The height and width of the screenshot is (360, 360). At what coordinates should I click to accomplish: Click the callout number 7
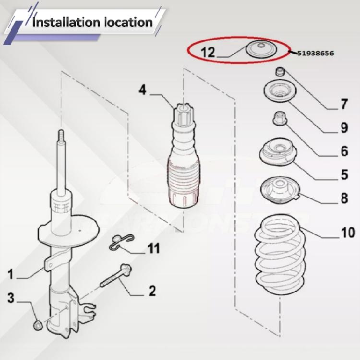344,104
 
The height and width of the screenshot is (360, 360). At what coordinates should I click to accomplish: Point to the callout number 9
344,128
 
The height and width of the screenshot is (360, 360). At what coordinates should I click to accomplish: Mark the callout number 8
344,198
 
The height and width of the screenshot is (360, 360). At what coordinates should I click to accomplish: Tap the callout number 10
348,234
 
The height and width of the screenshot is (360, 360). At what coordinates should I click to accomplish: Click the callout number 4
142,89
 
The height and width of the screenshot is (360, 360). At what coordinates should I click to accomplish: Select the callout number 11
153,249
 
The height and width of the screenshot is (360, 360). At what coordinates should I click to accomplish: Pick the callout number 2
152,290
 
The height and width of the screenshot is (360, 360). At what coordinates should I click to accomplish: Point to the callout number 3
11,297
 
